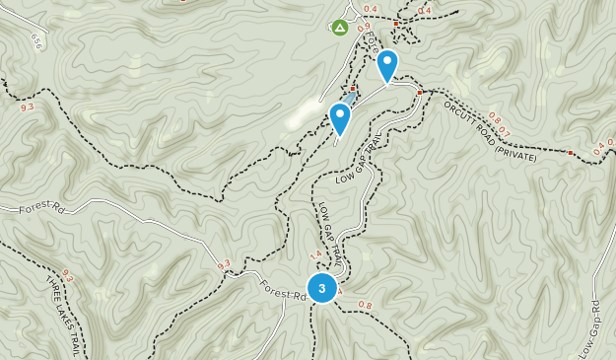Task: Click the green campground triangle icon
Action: tap(340, 28)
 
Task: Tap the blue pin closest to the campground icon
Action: tap(387, 65)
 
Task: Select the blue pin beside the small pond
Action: tap(340, 118)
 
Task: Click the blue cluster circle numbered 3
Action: tap(321, 288)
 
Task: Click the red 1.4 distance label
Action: tap(315, 256)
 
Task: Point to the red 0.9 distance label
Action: tap(363, 27)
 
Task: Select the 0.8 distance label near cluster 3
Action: tap(365, 304)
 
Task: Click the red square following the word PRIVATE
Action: tap(570, 153)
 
